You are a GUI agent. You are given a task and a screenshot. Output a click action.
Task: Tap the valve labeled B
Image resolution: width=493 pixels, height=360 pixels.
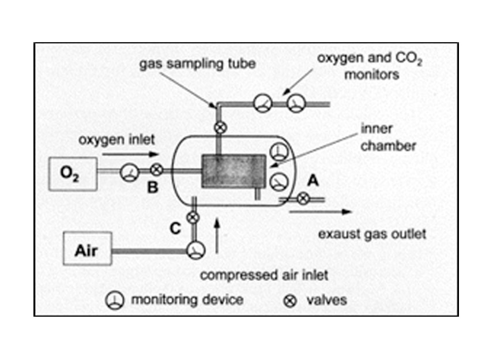[155, 171]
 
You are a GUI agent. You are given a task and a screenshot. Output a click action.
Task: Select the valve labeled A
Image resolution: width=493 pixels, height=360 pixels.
[302, 200]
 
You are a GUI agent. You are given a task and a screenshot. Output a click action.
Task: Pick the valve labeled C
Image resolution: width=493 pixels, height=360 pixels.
[194, 217]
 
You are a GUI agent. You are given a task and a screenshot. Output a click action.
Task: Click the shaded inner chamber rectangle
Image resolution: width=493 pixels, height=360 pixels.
[233, 171]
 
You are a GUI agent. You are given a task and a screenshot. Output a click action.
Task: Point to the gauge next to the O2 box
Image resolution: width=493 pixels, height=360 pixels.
[129, 171]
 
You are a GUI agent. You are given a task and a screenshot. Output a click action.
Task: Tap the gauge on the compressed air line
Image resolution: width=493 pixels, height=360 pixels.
[195, 249]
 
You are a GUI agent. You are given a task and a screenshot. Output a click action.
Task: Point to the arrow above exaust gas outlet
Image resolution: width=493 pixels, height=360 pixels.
[321, 212]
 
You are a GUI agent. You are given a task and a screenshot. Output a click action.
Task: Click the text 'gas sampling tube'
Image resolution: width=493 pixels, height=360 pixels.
[197, 64]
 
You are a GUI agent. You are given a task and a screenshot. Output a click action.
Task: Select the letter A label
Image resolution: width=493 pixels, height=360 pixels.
[313, 181]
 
